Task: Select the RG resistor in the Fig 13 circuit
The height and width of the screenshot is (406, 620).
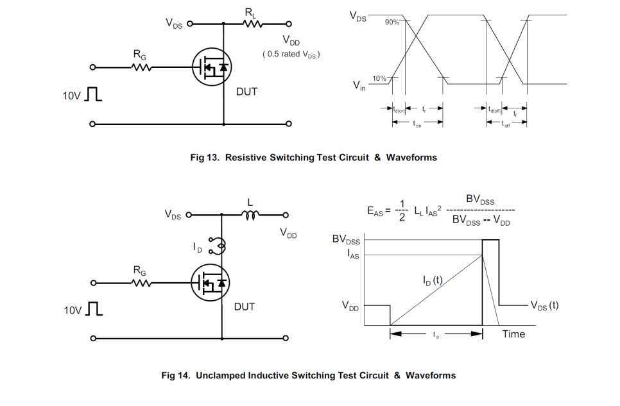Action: [x=141, y=67]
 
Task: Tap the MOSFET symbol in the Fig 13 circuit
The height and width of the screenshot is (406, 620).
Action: [x=211, y=67]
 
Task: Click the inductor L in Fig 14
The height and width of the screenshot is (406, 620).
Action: [x=250, y=216]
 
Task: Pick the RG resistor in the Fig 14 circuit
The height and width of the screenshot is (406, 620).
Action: [x=141, y=282]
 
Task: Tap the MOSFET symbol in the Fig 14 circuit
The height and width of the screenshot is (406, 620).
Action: [x=211, y=283]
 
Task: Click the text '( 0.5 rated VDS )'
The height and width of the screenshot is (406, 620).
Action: [x=291, y=55]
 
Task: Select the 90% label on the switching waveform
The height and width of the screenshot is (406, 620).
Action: [x=392, y=22]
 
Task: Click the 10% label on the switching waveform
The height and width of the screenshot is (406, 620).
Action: [x=379, y=78]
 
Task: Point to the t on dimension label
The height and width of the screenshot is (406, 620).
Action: [x=418, y=125]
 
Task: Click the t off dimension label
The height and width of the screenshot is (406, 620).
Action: [x=506, y=125]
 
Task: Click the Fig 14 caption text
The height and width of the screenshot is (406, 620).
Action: [x=309, y=375]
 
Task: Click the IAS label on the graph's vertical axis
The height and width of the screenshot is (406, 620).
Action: [x=352, y=255]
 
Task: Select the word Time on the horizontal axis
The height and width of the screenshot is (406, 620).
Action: [x=513, y=334]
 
